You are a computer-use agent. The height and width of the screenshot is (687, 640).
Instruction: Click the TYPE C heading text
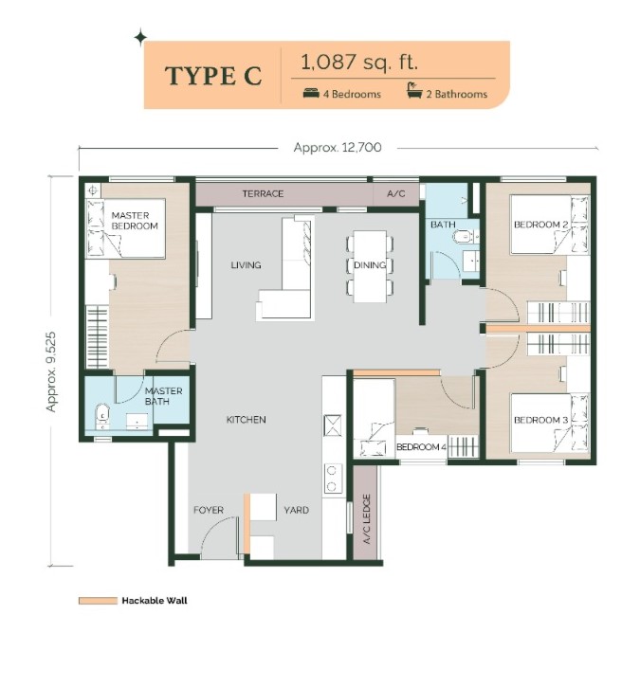tap(213, 76)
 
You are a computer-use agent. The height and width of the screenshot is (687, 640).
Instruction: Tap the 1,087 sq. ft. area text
tap(359, 62)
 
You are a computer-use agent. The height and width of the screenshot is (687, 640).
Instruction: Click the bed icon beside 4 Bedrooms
tap(311, 93)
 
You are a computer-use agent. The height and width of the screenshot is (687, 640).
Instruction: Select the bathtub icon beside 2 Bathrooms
tap(414, 91)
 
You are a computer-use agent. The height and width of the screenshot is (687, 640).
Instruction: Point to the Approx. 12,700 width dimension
tap(338, 147)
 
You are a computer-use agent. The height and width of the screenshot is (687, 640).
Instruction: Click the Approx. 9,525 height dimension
tap(51, 371)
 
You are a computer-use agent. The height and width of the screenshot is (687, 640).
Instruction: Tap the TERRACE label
tap(263, 193)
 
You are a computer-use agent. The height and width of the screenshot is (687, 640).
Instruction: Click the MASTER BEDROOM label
tap(134, 221)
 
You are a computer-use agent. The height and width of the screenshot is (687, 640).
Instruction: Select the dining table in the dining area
tap(370, 266)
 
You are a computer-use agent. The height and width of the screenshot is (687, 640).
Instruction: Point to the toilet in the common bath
tap(461, 237)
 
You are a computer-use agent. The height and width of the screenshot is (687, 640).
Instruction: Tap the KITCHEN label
tap(246, 420)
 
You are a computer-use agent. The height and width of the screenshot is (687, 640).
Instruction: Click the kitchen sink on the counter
tap(332, 425)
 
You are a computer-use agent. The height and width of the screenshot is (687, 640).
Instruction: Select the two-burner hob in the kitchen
tap(332, 479)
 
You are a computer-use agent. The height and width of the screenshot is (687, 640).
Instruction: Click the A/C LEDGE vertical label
tap(367, 519)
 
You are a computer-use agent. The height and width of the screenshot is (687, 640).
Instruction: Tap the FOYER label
tap(209, 510)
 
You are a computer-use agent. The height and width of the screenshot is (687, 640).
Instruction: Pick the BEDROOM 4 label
tap(421, 447)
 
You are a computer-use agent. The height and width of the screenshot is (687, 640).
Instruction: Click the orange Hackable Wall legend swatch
tap(98, 601)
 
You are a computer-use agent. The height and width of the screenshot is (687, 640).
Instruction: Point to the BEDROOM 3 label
tap(540, 420)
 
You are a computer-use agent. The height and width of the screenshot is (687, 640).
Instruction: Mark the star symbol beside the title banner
tap(140, 38)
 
